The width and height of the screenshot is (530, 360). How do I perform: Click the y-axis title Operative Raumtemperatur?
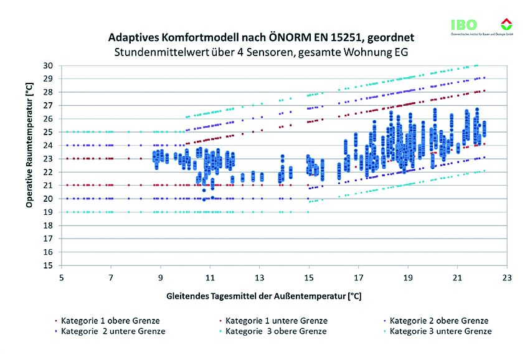pyautogui.click(x=29, y=165)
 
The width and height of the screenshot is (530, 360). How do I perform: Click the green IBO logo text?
pyautogui.click(x=464, y=25)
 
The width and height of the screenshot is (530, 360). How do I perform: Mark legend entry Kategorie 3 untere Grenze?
pyautogui.click(x=440, y=331)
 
